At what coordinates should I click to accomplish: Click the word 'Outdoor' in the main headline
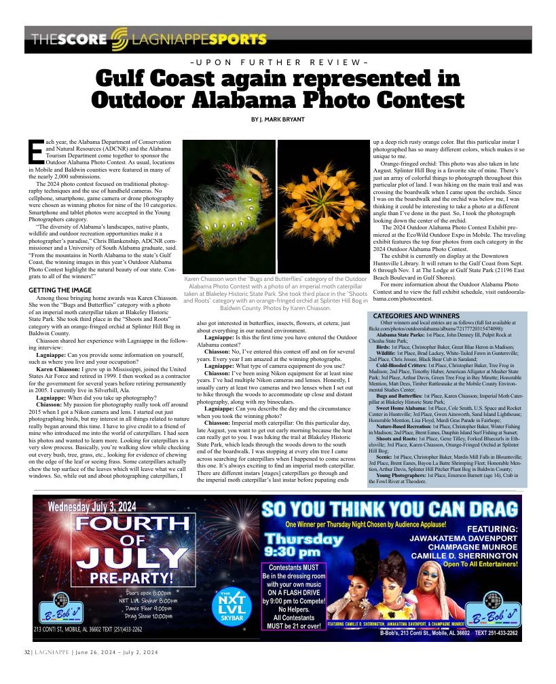coord(145,100)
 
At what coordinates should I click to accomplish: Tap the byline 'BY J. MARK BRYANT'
coord(278,120)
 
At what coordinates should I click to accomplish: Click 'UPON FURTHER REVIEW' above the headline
coord(278,62)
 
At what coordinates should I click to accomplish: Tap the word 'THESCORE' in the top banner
coord(66,40)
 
